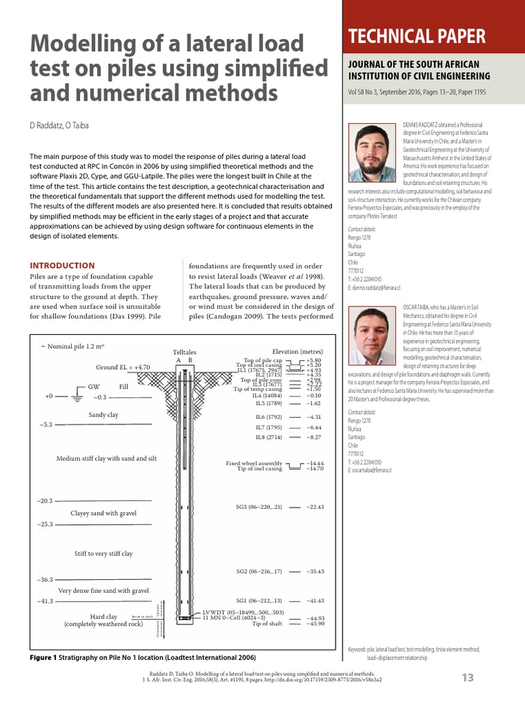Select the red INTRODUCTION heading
pos(62,266)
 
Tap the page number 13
pos(468,678)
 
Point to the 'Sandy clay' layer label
pos(103,415)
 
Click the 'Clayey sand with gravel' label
pos(103,513)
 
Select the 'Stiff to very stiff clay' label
pos(103,553)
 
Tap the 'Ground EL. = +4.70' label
pos(122,367)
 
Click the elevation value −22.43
pos(315,507)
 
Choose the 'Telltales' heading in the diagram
pos(185,351)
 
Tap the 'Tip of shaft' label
pos(267,624)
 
